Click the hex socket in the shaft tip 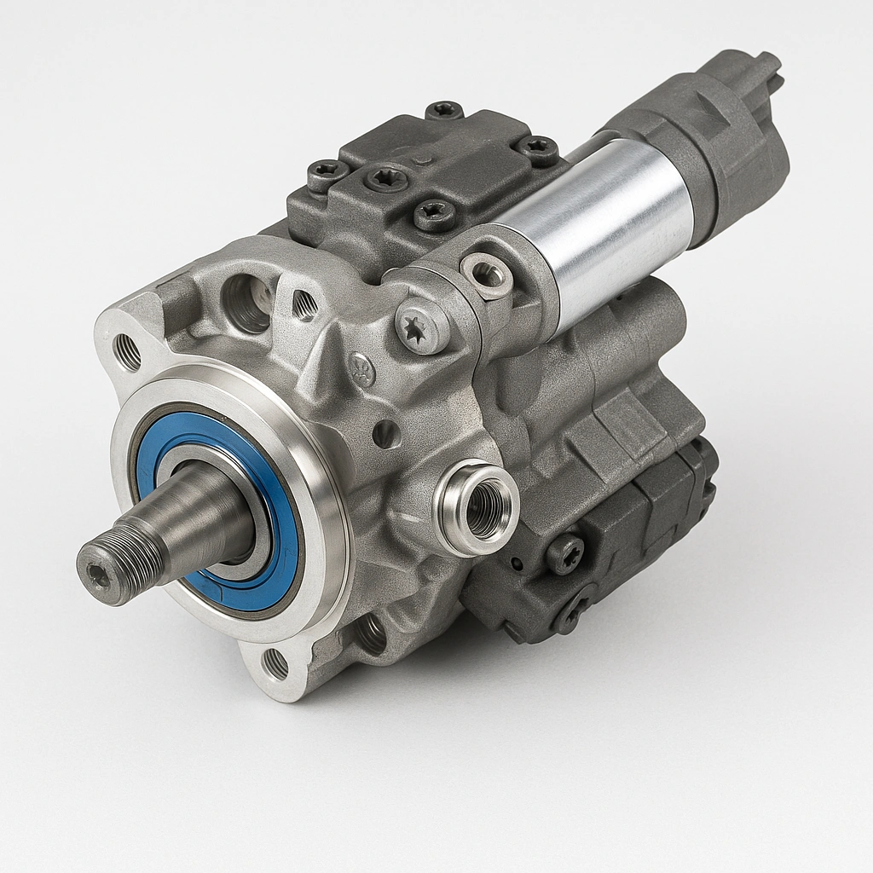tap(99, 576)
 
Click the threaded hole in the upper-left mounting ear tap(127, 352)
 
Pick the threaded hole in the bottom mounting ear tap(275, 663)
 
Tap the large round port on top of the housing tap(248, 303)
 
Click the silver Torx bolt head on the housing tap(421, 326)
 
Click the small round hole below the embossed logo tap(386, 434)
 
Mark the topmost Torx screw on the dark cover tap(444, 110)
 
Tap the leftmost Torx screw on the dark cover tap(327, 174)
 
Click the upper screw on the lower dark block tap(564, 553)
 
